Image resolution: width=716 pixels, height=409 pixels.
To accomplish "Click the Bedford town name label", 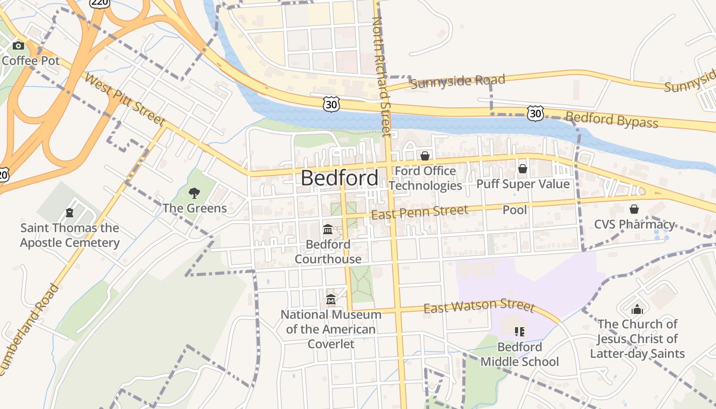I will [340, 178].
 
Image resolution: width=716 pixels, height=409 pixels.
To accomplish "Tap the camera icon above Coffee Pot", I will [18, 46].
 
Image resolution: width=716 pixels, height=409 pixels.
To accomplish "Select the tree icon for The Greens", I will [194, 193].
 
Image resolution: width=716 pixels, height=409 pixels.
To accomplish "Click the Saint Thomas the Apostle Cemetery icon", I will [70, 213].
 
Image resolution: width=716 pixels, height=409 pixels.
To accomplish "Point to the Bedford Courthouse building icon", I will [328, 230].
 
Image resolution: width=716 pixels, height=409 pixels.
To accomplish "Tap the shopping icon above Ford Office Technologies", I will [425, 155].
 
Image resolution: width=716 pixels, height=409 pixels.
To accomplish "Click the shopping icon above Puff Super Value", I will [523, 168].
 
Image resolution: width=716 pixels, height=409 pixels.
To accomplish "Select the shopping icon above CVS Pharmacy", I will [634, 209].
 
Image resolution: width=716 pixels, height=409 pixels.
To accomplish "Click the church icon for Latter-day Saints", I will [637, 309].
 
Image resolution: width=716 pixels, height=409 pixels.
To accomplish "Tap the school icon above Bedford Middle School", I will [520, 332].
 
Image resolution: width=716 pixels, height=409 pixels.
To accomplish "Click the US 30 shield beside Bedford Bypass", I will [535, 113].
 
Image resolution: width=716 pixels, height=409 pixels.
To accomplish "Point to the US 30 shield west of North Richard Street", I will [331, 103].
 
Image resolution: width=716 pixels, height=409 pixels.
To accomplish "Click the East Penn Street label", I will [419, 212].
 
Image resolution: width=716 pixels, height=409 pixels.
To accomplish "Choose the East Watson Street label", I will [479, 306].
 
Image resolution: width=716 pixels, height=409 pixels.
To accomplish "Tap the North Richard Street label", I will [382, 77].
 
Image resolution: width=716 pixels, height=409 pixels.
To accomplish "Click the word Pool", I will [514, 210].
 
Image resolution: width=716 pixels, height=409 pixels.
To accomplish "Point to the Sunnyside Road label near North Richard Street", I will [458, 81].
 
